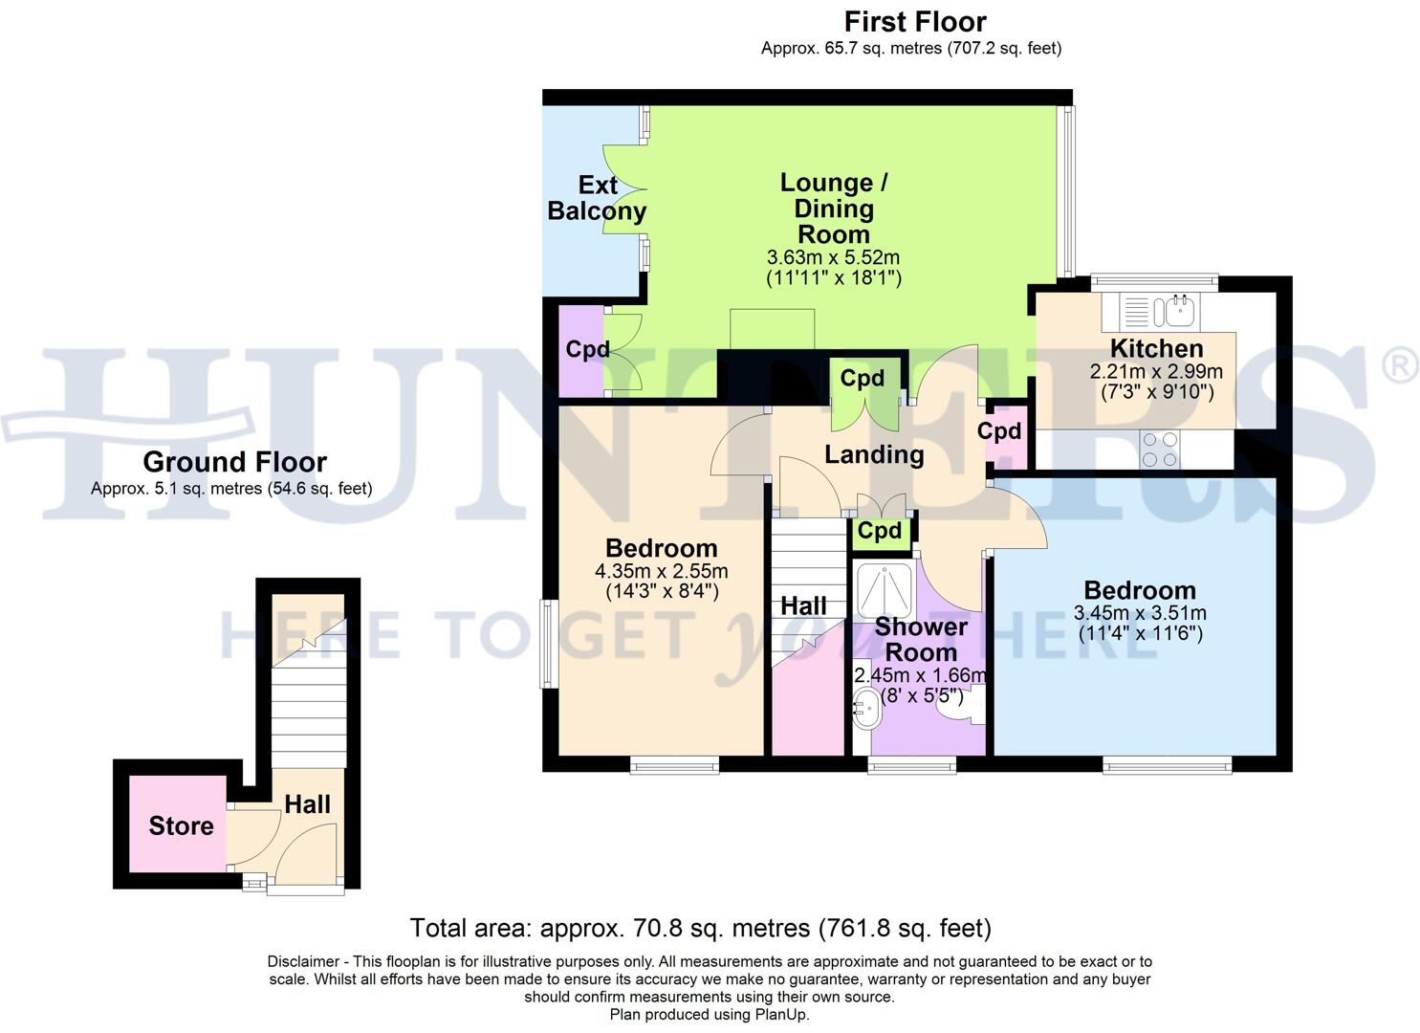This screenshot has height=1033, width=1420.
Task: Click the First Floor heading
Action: [914, 21]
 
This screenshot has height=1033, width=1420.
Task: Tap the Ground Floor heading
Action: [234, 462]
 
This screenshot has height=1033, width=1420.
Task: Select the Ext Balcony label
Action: [597, 198]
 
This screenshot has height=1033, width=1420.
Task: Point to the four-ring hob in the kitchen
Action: [1159, 450]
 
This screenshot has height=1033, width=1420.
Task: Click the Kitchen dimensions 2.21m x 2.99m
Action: [1155, 371]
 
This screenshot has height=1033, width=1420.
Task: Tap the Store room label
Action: [181, 825]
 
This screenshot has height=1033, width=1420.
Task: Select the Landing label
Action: [874, 454]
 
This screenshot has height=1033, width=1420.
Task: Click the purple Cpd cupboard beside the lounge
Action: [585, 350]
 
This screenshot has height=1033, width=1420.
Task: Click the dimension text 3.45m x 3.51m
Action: [1139, 613]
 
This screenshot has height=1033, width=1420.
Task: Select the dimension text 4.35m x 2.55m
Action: [661, 571]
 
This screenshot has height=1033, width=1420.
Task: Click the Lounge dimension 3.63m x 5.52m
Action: [833, 257]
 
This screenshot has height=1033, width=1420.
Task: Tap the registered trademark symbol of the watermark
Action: [1400, 366]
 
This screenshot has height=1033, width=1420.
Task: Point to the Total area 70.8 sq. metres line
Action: [700, 928]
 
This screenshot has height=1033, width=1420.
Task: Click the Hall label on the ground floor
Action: [307, 804]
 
